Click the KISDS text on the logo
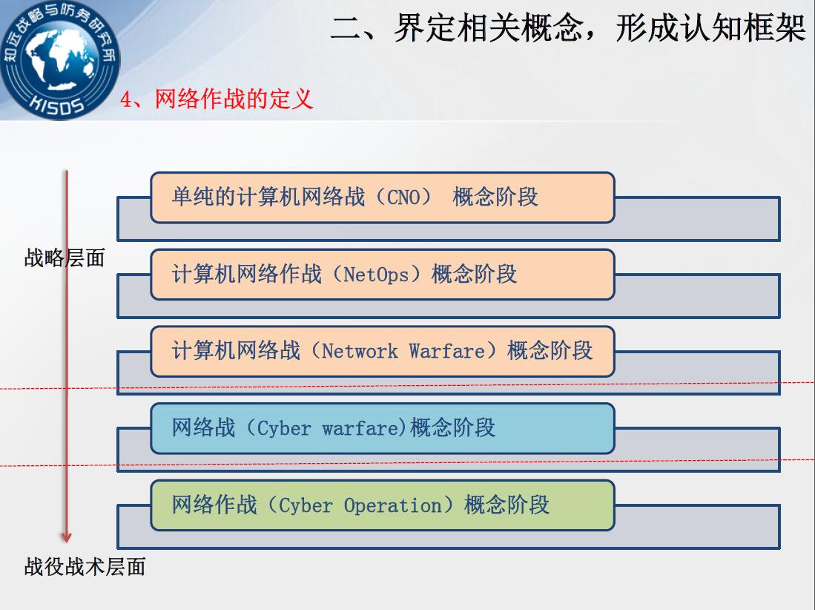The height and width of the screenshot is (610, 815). coord(56,103)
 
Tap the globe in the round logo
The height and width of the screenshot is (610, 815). coord(60,58)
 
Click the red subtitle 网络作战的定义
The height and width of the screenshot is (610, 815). coord(234,99)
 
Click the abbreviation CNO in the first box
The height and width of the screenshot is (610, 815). coord(403,197)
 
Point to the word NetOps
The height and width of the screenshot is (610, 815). coord(376,275)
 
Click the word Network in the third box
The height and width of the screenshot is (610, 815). coord(360,351)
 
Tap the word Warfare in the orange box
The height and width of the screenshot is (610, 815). coord(446,351)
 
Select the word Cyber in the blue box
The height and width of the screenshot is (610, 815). coord(284,428)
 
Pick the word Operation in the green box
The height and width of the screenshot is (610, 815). coord(392,505)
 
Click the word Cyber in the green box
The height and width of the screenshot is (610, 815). coord(306,505)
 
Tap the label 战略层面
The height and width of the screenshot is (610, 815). coord(65,258)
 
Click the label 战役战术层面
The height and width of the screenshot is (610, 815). coord(85,567)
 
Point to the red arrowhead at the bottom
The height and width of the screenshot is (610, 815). coord(66,537)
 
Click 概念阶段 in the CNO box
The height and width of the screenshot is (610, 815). coord(495,197)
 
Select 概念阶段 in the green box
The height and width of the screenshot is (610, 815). coord(507,505)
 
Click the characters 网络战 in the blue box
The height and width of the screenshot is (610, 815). coord(203,428)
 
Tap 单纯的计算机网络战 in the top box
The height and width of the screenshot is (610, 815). coord(268,197)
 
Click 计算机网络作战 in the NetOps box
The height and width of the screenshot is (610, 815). coord(247,274)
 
